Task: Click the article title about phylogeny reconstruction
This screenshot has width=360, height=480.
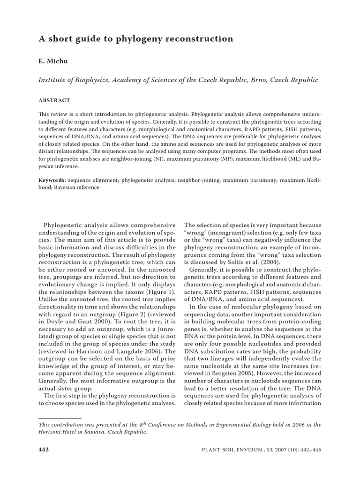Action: [x=135, y=39]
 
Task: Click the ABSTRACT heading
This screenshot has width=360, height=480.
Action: [x=54, y=100]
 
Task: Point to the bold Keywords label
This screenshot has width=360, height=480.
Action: [x=52, y=180]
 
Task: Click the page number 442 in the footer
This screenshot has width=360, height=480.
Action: [x=43, y=449]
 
